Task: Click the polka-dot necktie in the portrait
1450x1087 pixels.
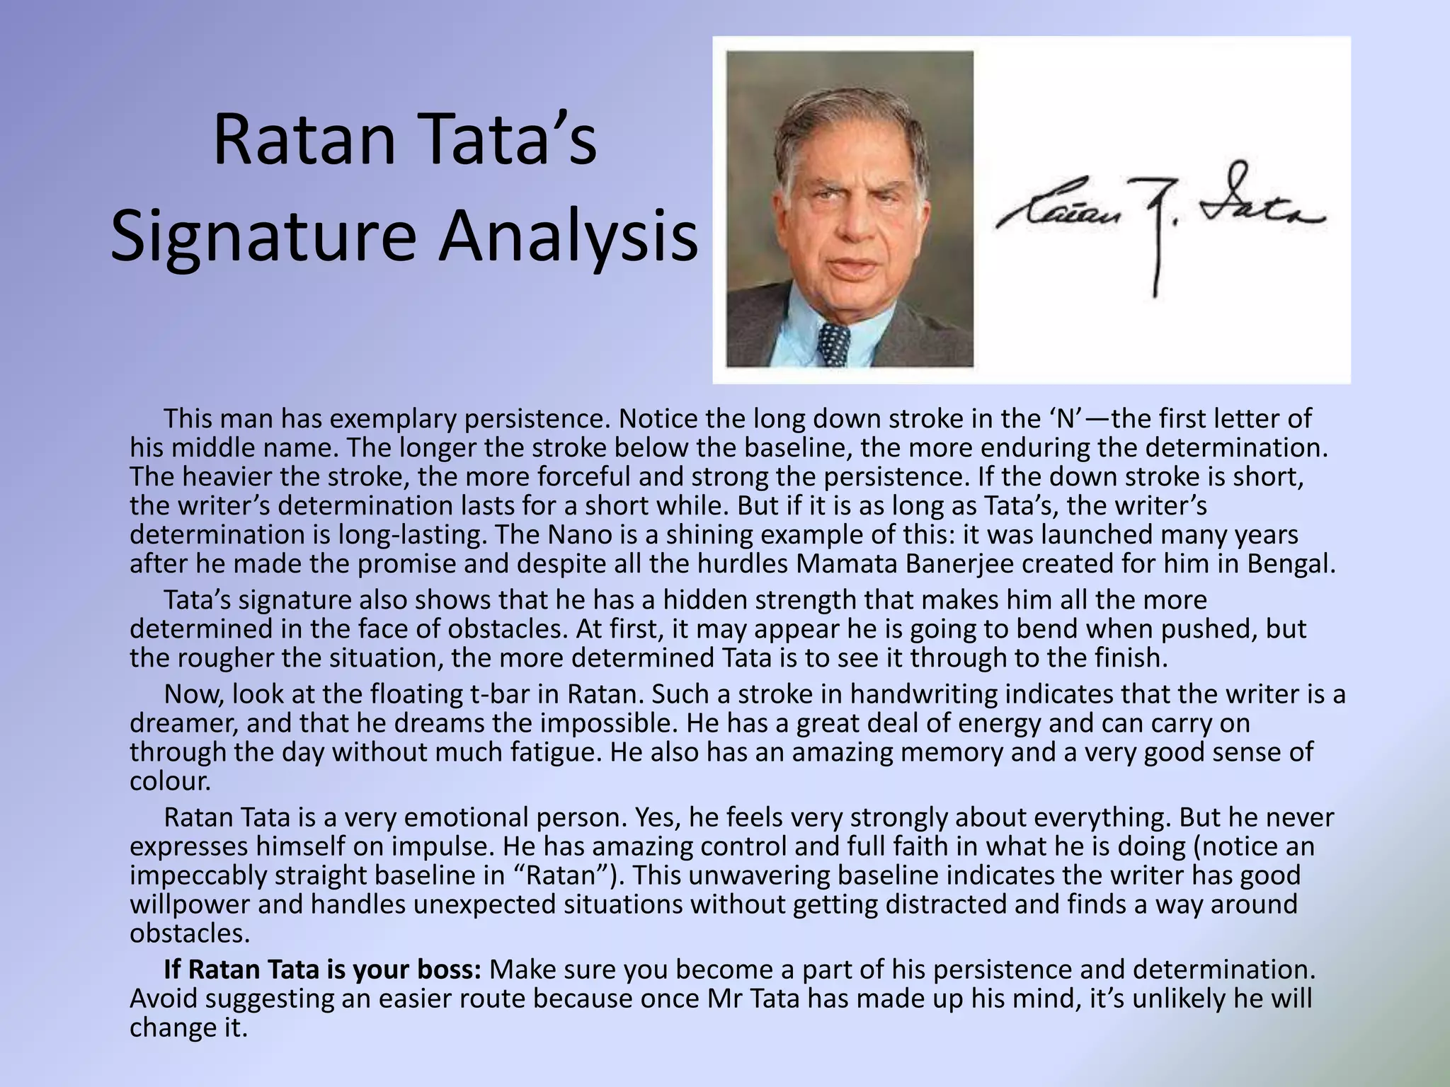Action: click(x=833, y=345)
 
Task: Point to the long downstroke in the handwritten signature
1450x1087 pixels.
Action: click(x=1155, y=255)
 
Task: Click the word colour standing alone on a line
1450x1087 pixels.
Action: click(x=170, y=781)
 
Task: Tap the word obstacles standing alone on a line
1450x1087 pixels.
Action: click(x=190, y=933)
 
